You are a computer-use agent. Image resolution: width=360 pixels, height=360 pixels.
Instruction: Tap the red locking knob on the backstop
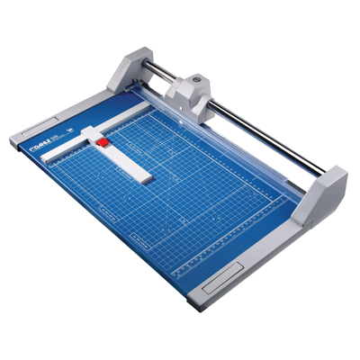[x=103, y=142]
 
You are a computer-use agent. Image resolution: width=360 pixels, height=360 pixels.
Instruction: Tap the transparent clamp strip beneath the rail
[x=225, y=144]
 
